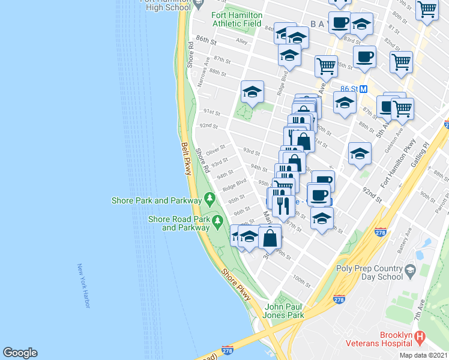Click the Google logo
pos(20,353)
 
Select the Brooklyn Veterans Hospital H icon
pos(420,338)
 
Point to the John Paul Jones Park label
pos(285,311)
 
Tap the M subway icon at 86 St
pos(363,89)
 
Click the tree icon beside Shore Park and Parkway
pos(209,197)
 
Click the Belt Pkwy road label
pos(185,159)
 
